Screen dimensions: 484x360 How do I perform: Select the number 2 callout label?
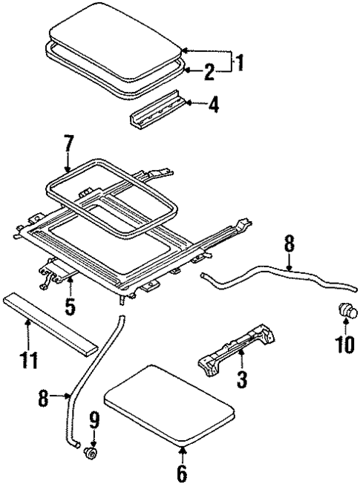click(x=209, y=71)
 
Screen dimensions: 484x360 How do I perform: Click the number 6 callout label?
click(x=182, y=472)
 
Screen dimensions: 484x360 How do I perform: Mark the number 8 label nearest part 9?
click(x=45, y=400)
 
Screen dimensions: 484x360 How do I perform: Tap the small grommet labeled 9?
click(x=93, y=452)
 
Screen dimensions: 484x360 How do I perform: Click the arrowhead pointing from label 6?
click(x=183, y=450)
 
